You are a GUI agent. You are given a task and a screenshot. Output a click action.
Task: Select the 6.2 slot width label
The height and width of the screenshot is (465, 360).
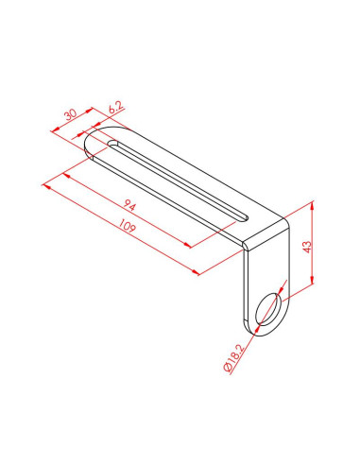[x=115, y=110]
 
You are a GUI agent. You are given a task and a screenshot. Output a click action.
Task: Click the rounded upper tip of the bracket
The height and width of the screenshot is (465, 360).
[x=88, y=143]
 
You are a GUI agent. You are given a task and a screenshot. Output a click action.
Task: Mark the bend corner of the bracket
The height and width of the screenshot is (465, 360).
[x=248, y=245]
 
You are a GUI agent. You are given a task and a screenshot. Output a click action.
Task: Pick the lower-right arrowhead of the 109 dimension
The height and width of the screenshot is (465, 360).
[x=196, y=272]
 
